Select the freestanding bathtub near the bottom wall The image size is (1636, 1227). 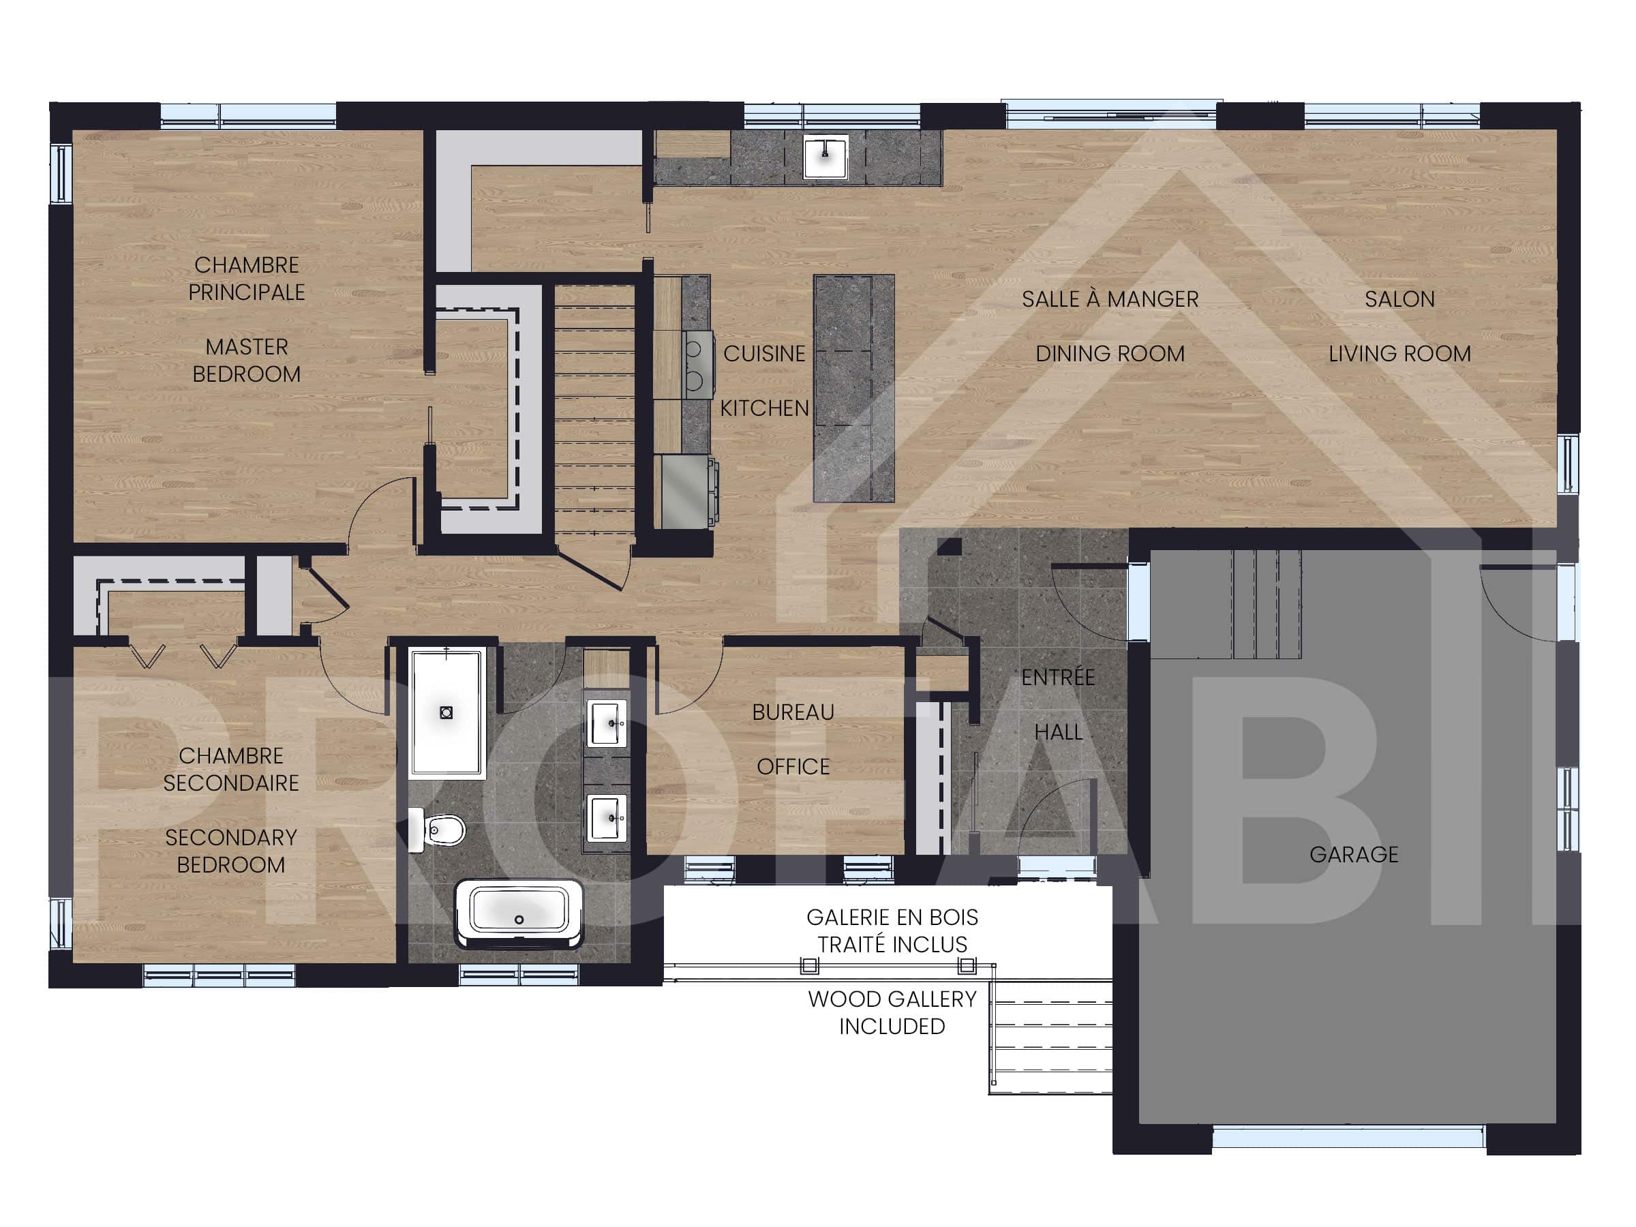[519, 912]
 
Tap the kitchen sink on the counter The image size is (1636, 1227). [825, 156]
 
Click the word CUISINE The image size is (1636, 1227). [764, 354]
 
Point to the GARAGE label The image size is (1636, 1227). [1354, 854]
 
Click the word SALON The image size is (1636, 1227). [1399, 299]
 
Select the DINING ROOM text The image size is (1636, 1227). [1109, 354]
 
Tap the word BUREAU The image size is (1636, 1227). [793, 712]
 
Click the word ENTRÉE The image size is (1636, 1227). [1058, 677]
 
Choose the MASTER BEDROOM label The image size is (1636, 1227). [246, 360]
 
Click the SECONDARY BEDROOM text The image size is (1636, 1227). [231, 851]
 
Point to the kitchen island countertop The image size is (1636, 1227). [853, 389]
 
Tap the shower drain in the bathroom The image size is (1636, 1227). [446, 713]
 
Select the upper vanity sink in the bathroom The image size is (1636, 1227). [607, 723]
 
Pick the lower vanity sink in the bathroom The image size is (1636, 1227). [607, 817]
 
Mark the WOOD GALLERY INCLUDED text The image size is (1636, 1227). [892, 1012]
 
